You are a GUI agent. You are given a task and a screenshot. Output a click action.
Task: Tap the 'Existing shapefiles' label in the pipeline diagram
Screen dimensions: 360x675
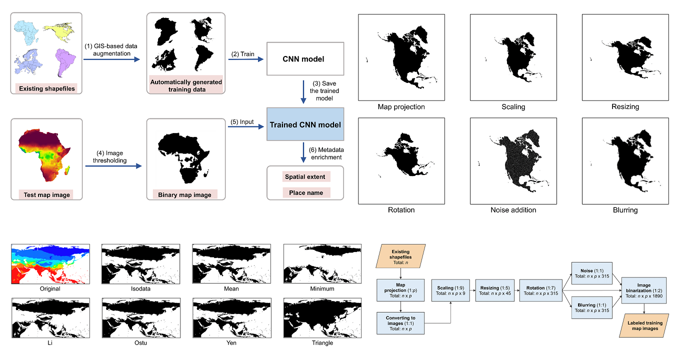pos(46,89)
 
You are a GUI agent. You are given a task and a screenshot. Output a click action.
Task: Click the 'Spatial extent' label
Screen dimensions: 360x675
pos(305,176)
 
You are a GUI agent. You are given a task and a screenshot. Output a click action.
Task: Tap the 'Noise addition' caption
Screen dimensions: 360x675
pos(513,210)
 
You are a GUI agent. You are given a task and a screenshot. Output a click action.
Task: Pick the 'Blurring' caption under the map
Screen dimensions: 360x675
pos(625,210)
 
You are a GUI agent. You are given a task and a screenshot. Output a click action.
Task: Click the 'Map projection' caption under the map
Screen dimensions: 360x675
pos(401,107)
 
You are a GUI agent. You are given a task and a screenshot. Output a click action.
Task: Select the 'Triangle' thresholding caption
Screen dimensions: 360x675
pos(322,343)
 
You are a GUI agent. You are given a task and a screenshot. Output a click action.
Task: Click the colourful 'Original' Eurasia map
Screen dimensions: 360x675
pos(50,263)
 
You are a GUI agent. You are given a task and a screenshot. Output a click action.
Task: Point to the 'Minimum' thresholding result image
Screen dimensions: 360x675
pos(322,263)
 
